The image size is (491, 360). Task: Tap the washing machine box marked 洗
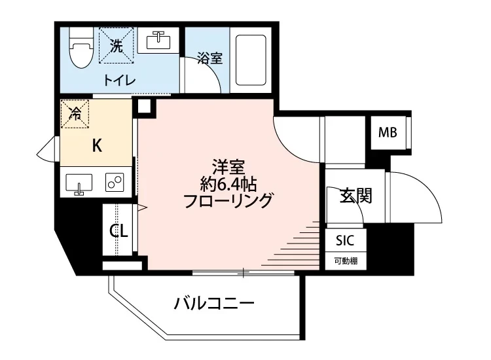tap(116, 46)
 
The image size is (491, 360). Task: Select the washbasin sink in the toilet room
tap(156, 41)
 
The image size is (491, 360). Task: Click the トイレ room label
tap(118, 81)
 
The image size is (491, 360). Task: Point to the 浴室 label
tap(210, 58)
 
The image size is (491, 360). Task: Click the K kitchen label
tap(96, 146)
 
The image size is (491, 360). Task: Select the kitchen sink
tap(79, 183)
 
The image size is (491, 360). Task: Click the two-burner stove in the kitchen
tap(115, 183)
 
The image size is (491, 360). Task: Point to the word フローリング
tap(228, 200)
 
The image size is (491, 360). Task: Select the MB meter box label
tap(388, 134)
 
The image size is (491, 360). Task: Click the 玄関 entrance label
tap(355, 195)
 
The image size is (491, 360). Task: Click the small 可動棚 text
tap(346, 260)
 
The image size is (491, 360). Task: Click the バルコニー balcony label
tap(213, 304)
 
